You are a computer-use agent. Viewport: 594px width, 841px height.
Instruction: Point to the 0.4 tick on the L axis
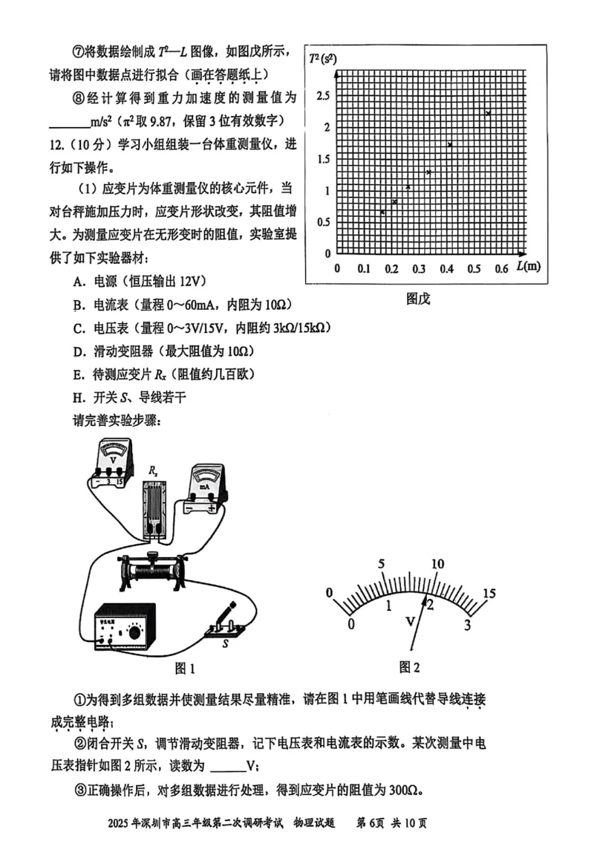446,268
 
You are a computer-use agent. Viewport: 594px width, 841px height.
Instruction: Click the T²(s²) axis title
322,59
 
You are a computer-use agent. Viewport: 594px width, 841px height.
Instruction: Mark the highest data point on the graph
489,113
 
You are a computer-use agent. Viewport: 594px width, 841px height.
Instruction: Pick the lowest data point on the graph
382,212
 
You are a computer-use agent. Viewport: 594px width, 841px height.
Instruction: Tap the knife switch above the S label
225,623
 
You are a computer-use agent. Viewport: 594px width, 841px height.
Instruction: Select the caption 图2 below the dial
409,667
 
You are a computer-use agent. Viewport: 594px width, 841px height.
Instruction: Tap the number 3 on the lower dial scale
467,625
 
